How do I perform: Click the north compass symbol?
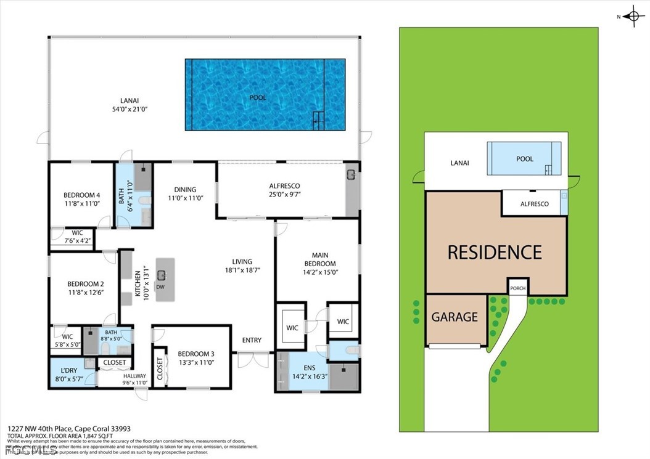pyautogui.click(x=634, y=17)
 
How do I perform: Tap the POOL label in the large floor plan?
pyautogui.click(x=258, y=98)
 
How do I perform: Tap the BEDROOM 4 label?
pyautogui.click(x=81, y=199)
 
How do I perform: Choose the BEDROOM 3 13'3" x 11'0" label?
pyautogui.click(x=195, y=358)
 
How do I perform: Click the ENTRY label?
pyautogui.click(x=252, y=340)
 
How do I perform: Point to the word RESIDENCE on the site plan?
pyautogui.click(x=495, y=253)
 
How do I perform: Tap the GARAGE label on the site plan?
pyautogui.click(x=455, y=317)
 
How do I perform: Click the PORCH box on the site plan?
pyautogui.click(x=517, y=288)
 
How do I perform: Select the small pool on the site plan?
pyautogui.click(x=524, y=159)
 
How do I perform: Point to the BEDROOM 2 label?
pyautogui.click(x=85, y=288)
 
